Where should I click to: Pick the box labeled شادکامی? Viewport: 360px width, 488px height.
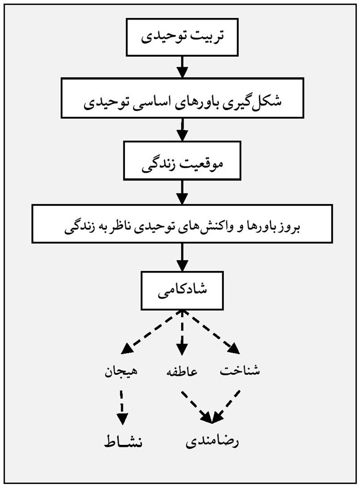pos(183,289)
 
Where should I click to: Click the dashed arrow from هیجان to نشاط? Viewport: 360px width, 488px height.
pos(122,406)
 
